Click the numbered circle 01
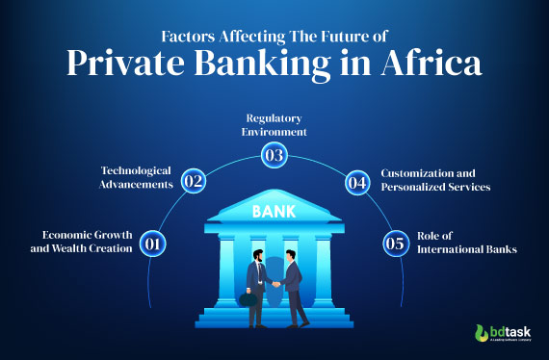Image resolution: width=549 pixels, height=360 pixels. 151,244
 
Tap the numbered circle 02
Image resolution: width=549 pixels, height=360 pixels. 194,181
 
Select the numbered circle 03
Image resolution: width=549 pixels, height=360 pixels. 274,155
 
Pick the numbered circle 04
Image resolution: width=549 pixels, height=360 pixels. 356,181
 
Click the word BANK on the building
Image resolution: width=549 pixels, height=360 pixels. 274,211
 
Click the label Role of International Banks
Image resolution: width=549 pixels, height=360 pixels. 458,242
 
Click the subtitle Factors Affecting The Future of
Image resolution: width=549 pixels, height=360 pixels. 274,37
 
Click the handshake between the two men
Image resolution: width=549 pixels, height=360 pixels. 274,284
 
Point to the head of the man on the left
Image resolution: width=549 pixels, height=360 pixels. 257,255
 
